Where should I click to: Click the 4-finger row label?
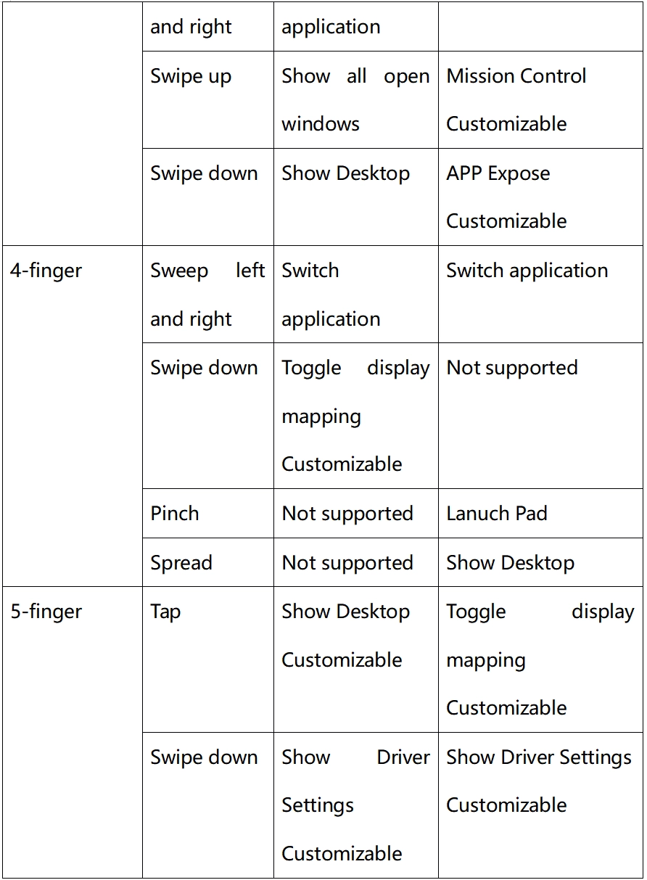point(46,271)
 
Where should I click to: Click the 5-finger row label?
point(46,612)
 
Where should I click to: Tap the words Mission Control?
point(516,76)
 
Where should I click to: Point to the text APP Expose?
point(498,173)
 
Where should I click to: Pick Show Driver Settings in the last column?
point(539,758)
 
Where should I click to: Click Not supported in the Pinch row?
point(347,514)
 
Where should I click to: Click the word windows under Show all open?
point(321,124)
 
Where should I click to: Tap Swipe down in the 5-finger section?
point(204,757)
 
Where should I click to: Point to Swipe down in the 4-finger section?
point(204,369)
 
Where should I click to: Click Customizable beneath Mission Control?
point(506,124)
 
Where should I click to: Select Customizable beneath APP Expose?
point(506,221)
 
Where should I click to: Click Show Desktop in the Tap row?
point(346,612)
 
